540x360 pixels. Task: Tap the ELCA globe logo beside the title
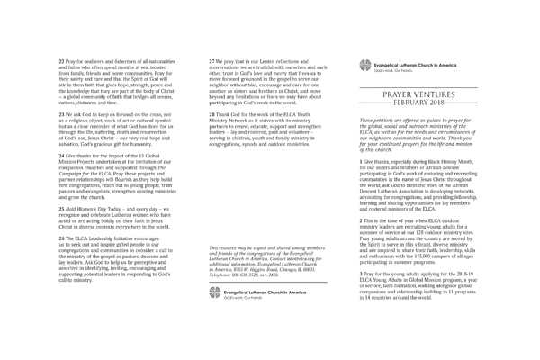pos(364,66)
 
